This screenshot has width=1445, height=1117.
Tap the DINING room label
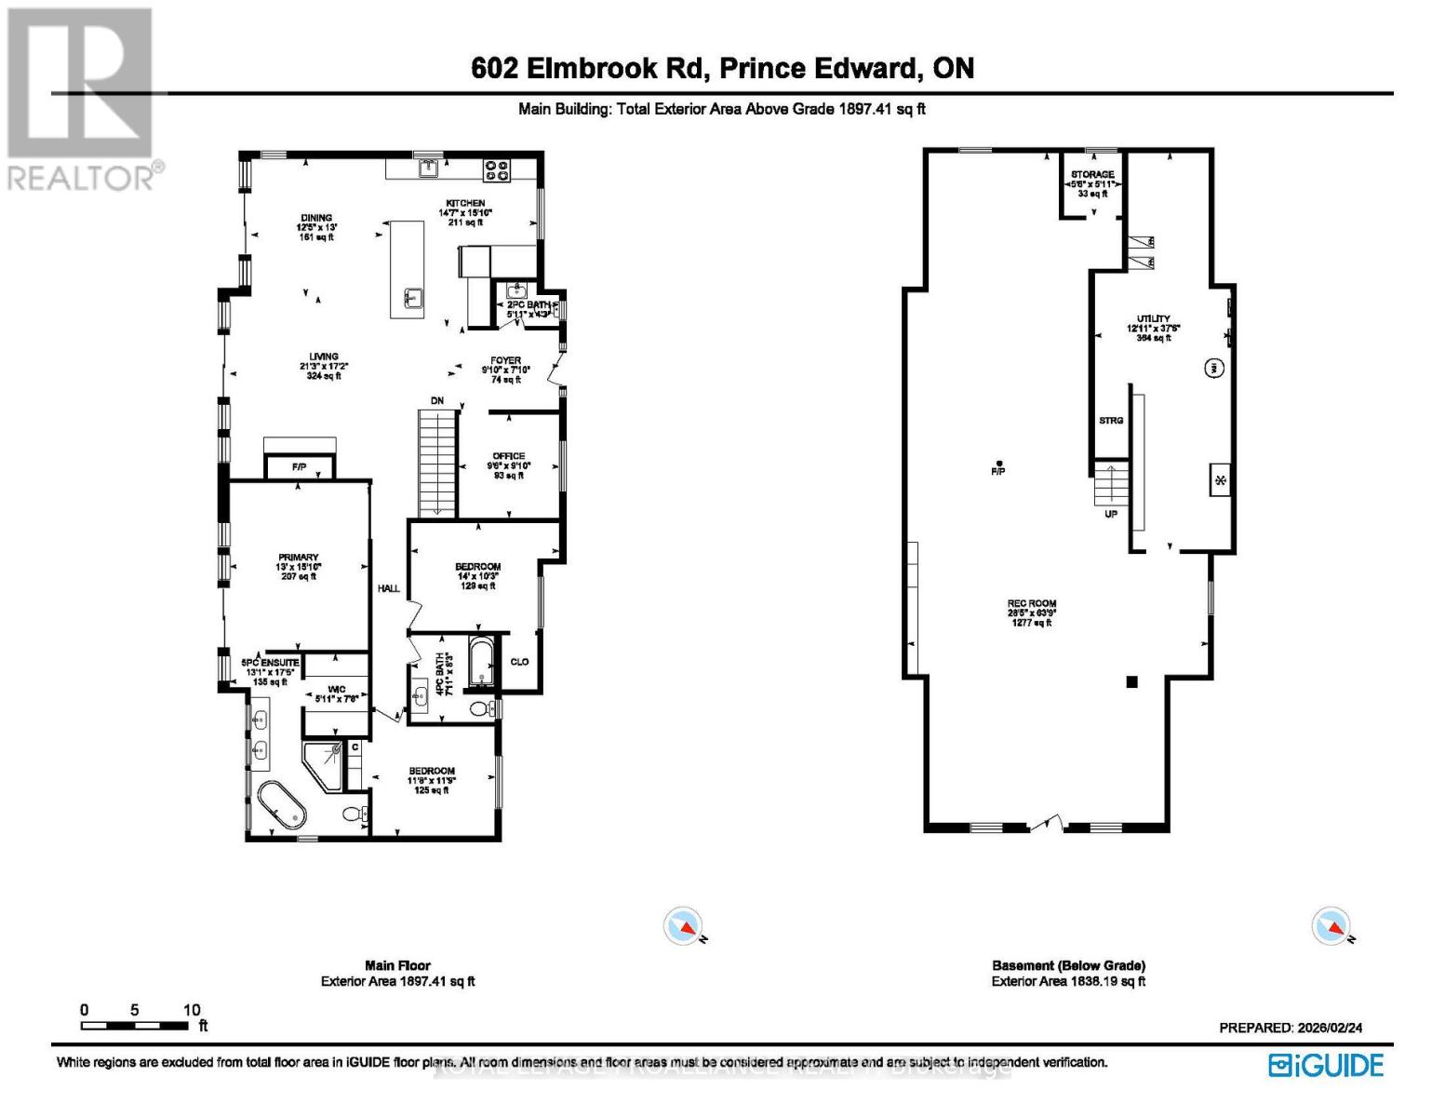(316, 218)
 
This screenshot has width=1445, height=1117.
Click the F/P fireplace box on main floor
(299, 466)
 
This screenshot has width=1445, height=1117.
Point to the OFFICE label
(509, 456)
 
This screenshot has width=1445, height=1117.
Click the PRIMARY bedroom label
(298, 558)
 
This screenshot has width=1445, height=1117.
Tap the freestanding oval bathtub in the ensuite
(282, 805)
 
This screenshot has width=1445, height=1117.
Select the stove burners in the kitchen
(497, 169)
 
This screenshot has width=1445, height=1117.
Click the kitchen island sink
(410, 298)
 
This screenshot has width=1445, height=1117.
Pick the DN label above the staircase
(436, 401)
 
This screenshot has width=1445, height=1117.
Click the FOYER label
(505, 360)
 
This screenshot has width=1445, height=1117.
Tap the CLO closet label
(519, 662)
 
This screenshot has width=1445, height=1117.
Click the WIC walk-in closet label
(337, 690)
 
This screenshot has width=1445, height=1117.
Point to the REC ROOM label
(1032, 603)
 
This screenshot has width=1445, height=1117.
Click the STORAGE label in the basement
(1092, 174)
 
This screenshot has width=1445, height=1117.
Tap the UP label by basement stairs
(1111, 514)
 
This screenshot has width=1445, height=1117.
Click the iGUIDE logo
(1326, 1065)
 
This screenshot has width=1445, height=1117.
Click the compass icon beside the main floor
(683, 926)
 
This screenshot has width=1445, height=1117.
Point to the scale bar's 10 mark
(191, 1010)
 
